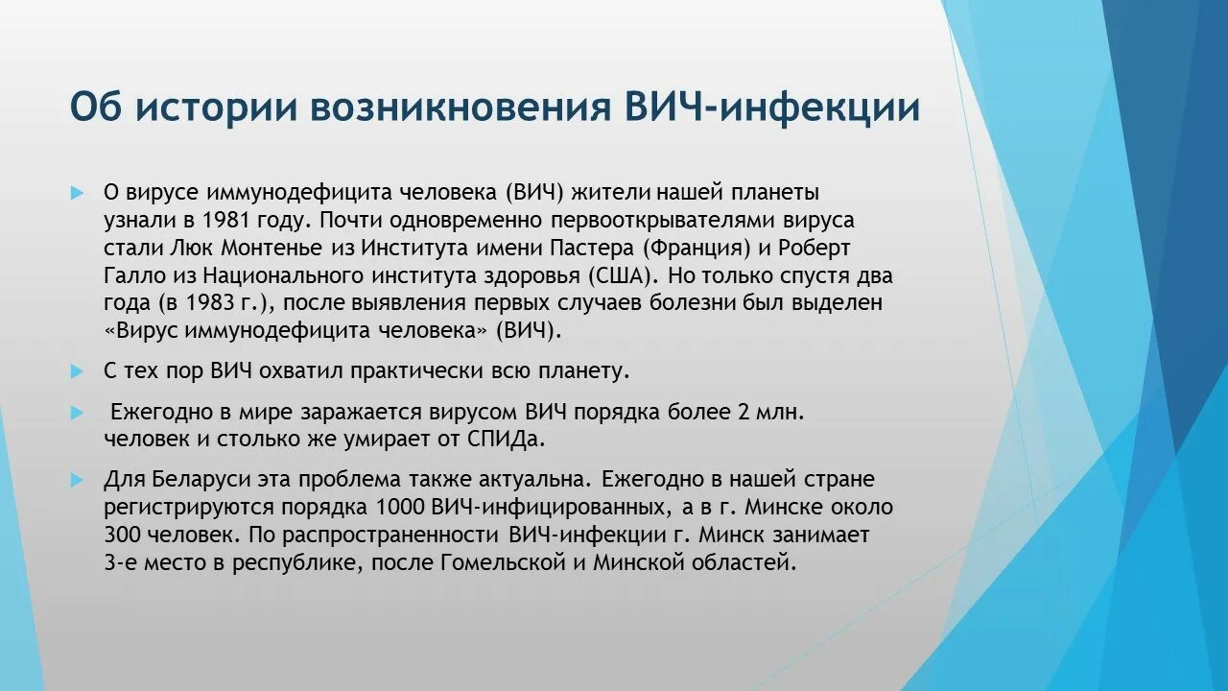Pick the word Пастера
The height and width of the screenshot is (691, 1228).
(595, 248)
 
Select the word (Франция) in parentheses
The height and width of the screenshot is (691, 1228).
(697, 248)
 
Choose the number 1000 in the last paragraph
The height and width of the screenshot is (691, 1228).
(403, 507)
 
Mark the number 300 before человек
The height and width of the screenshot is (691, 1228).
(123, 535)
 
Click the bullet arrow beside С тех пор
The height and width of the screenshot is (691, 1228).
(78, 369)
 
